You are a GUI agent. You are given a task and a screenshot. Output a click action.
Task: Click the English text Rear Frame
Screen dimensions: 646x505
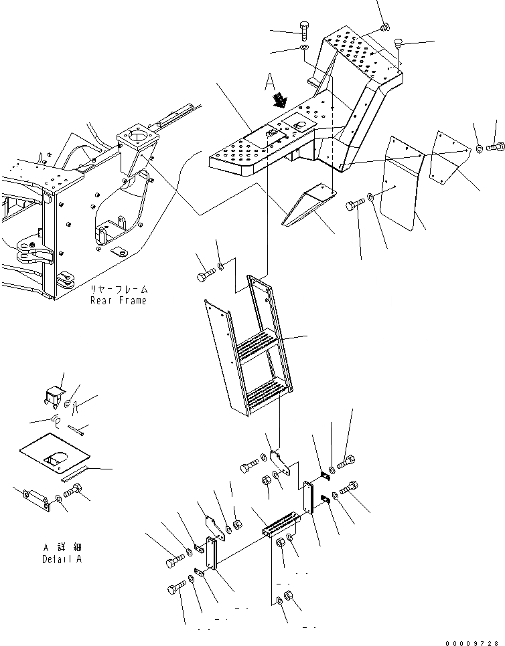[119, 300]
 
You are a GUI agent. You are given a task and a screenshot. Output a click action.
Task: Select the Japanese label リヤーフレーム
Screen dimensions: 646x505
[119, 290]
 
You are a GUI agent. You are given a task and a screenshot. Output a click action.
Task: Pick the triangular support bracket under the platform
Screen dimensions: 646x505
[309, 204]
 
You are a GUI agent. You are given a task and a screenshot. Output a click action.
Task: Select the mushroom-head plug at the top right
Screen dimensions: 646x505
[397, 42]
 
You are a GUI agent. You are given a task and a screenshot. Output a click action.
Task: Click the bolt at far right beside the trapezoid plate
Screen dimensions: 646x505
[498, 145]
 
